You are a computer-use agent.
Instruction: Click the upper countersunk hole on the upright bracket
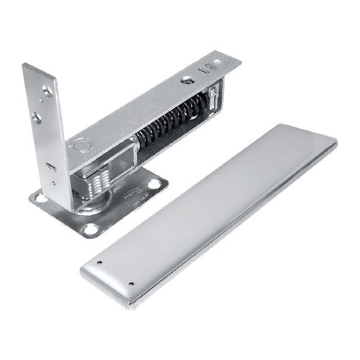click(47, 91)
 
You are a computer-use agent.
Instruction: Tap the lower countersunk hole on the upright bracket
click(36, 115)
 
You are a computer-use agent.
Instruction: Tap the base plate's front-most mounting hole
click(90, 229)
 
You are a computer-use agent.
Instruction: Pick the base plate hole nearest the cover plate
click(154, 184)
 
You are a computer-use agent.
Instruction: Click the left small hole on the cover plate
click(99, 262)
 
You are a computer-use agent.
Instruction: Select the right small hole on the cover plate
click(130, 283)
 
